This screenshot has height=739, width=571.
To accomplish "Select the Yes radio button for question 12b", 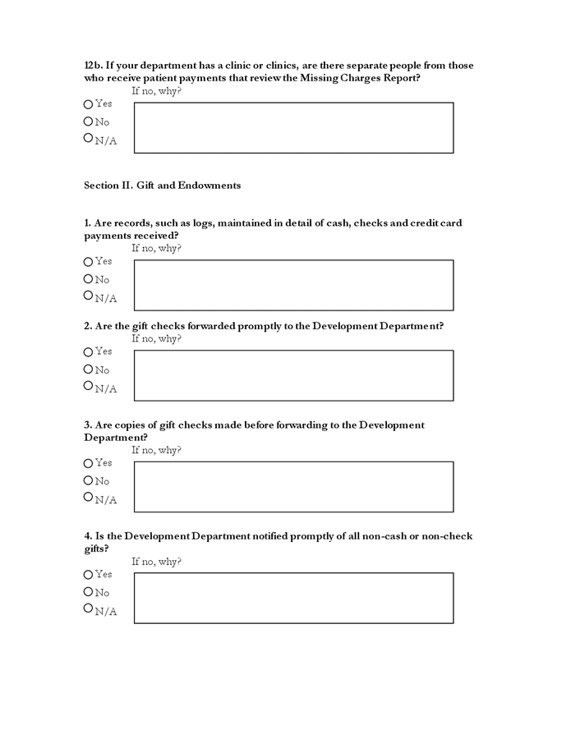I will tap(88, 104).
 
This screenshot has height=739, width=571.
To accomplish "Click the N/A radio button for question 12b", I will tap(88, 139).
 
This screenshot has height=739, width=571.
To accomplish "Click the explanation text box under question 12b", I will tap(293, 127).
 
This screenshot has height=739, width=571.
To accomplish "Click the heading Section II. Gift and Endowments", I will tap(162, 186).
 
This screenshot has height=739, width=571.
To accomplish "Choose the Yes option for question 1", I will tap(88, 262).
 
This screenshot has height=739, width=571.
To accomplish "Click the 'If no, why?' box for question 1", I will tap(293, 285).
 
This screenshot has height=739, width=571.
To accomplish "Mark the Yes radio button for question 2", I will tap(88, 352).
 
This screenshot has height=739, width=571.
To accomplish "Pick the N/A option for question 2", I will tap(88, 386).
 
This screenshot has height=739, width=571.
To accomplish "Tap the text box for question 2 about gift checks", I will tap(293, 375).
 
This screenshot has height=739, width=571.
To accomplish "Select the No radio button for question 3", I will tap(88, 481).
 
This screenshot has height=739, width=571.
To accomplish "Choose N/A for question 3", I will tap(88, 497).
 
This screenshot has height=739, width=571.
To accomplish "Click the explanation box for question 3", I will tap(293, 486).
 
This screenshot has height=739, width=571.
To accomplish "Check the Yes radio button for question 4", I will tap(88, 575).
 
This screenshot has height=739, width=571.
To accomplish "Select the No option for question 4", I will tap(88, 592).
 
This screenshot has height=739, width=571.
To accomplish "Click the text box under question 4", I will tap(293, 598).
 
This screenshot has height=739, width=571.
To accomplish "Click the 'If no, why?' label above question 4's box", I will tap(156, 562).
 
